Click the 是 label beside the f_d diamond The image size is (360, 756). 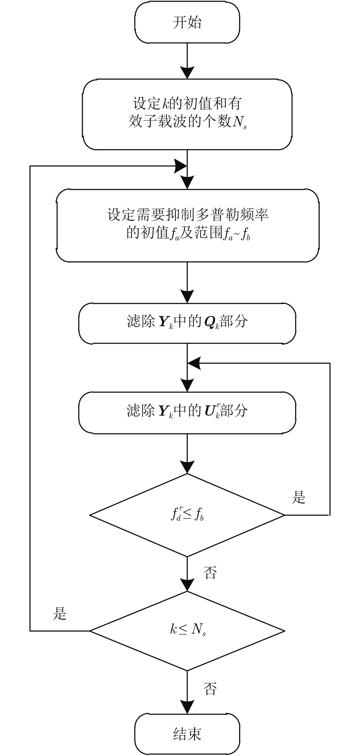[299, 497]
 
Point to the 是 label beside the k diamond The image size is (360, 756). [60, 614]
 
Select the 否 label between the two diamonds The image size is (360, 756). [210, 573]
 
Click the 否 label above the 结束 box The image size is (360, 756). [210, 688]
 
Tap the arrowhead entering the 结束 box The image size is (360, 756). [187, 707]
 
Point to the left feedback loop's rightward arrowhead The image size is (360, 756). [181, 166]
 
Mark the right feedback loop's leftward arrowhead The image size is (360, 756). [194, 363]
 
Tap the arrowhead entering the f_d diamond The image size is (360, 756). [187, 467]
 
